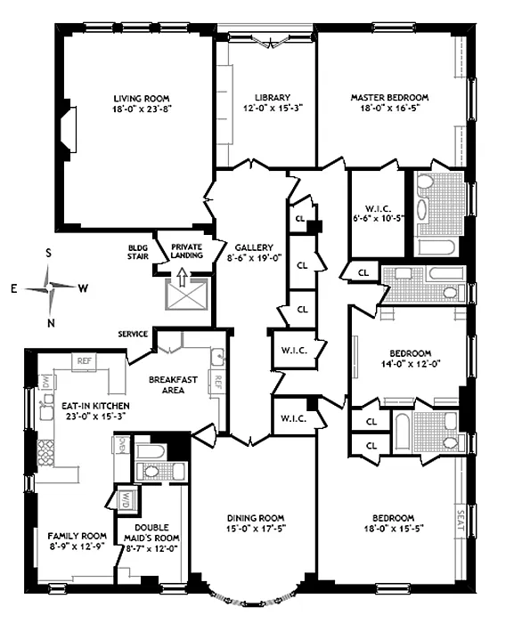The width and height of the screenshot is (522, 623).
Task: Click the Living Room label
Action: coord(142,99)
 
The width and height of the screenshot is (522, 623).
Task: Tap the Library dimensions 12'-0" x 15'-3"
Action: coord(273,108)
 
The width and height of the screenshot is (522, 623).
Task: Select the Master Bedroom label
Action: coord(389,97)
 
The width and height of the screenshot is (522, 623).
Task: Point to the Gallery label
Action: coord(254,247)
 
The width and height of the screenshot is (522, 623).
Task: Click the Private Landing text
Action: coord(187,251)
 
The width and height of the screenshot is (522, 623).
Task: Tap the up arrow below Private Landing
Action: coord(182,277)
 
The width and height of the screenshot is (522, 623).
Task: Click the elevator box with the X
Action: coord(187,294)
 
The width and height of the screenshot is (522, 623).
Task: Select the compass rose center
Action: coord(49,287)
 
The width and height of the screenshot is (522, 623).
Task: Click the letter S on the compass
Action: coord(48,253)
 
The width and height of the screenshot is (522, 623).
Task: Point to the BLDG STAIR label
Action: coord(138,252)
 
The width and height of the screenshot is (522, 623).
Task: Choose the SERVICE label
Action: coord(133,334)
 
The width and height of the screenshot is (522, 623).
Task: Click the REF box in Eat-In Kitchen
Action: coord(84,361)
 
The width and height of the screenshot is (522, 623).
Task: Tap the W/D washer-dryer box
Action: coord(126,499)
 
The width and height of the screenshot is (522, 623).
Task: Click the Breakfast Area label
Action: coord(173,385)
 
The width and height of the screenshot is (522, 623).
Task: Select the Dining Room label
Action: coord(256,518)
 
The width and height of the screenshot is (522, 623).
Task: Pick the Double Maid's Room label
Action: coord(151,533)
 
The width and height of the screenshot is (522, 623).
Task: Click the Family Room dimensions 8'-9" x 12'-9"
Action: coord(77,546)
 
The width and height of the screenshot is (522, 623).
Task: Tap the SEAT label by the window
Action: coord(461,521)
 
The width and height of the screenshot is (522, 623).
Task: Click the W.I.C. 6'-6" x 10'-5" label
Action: coord(379,213)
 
